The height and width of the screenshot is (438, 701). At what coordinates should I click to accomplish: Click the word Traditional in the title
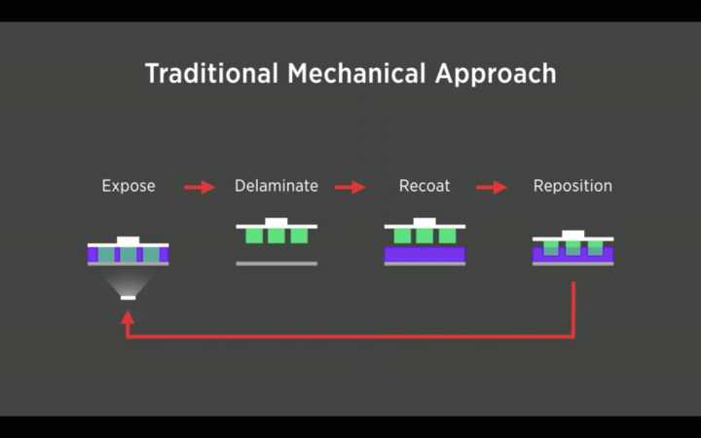coord(211,73)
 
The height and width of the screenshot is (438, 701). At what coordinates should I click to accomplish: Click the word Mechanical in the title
coord(356,73)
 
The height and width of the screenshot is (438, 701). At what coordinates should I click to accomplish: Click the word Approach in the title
coord(496,74)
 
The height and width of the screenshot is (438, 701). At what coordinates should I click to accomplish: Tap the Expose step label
coord(129,186)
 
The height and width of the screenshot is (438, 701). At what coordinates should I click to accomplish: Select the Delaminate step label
coord(277,186)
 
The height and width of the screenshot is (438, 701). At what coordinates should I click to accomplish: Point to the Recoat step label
coord(424,186)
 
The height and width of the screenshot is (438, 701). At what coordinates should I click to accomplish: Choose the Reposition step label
coord(572,186)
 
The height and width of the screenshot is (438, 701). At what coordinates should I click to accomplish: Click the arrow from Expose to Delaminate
coord(200,187)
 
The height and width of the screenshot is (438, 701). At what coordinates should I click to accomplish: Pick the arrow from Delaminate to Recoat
coord(350,187)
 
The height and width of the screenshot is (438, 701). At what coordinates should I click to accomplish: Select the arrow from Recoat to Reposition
coord(492,187)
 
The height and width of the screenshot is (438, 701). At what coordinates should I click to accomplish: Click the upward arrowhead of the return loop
coord(128,317)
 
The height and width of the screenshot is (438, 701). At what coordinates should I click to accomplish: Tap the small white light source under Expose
coord(128,298)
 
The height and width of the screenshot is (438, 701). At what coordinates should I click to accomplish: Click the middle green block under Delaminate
coord(277,236)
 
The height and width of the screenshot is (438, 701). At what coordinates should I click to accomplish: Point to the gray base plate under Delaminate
coord(277,264)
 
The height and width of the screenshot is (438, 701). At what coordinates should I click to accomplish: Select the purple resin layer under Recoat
coord(424,254)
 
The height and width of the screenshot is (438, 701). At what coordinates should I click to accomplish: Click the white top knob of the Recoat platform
coord(424,221)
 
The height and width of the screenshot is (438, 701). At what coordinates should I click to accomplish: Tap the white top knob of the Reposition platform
coord(572,234)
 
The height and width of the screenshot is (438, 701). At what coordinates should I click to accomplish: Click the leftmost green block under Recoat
coord(402,236)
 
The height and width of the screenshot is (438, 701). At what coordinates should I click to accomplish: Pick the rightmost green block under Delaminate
coord(299,236)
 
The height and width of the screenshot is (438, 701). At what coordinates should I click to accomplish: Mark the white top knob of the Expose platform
coord(129,240)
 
